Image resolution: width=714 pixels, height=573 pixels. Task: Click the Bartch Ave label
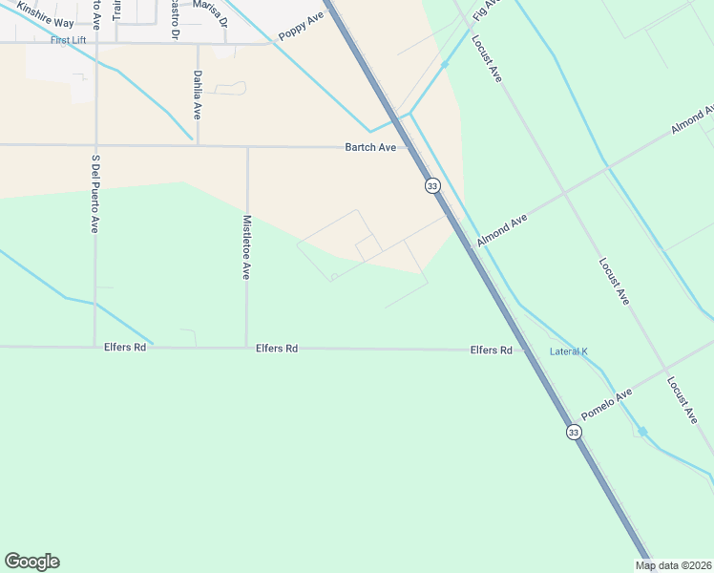click(x=370, y=148)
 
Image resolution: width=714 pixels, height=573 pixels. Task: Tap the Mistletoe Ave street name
click(x=246, y=246)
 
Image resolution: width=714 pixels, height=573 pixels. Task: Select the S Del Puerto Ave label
click(x=95, y=195)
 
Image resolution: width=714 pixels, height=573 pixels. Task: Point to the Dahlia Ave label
click(x=198, y=95)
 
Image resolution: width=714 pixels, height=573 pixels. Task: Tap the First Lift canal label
click(x=69, y=40)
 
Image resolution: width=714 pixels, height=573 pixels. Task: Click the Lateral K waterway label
click(x=569, y=351)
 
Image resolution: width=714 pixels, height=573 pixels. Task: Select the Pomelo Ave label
click(x=606, y=405)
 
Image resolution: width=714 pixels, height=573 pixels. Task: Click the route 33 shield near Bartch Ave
click(x=432, y=185)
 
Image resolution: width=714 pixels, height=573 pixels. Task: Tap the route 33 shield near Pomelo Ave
click(x=573, y=433)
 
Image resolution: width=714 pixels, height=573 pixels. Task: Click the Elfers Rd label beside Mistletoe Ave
click(x=277, y=349)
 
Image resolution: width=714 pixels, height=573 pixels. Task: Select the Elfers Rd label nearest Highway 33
click(x=492, y=350)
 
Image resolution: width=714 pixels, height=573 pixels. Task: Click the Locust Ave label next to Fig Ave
click(x=487, y=59)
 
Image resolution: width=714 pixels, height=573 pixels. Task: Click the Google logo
click(x=31, y=562)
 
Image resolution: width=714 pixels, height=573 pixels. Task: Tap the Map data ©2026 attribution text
click(x=674, y=565)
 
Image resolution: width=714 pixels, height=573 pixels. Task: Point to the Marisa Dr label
click(x=208, y=5)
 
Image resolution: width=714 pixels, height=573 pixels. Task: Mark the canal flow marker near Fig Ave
click(x=445, y=65)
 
